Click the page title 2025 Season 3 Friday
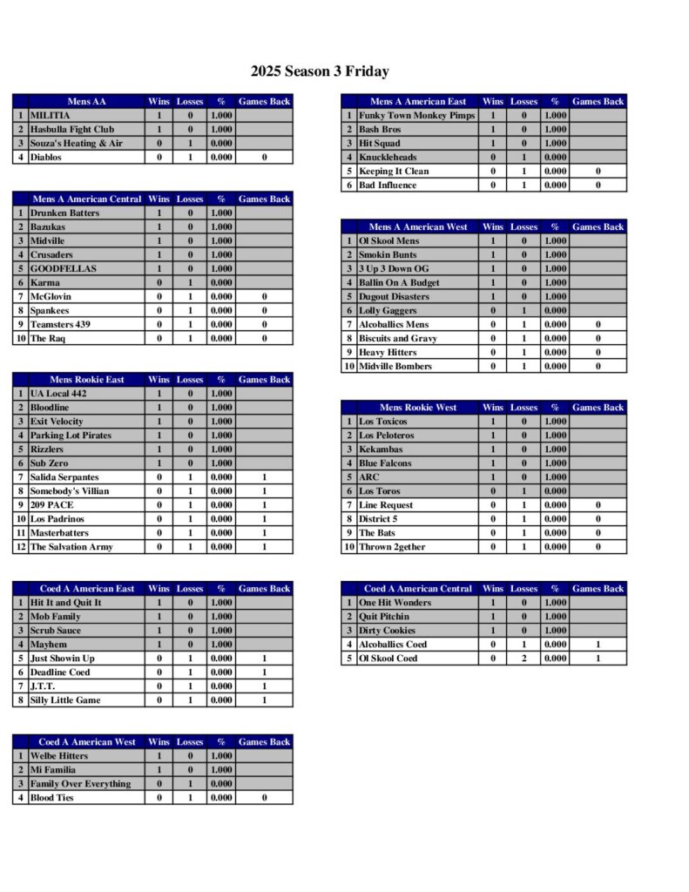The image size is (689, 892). tap(320, 71)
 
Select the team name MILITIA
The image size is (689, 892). tap(51, 115)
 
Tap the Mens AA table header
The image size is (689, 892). tap(86, 101)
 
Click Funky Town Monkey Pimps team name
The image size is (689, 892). tap(417, 115)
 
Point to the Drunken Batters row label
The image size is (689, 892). tap(65, 213)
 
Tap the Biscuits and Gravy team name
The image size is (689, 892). tap(398, 338)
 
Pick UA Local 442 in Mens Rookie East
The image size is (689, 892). tap(59, 394)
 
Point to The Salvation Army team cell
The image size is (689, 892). tap(71, 547)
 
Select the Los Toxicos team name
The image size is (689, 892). tap(383, 422)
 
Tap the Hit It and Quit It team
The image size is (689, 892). tap(66, 603)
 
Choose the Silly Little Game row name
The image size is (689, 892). tap(65, 700)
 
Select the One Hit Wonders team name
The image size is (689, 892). tap(395, 603)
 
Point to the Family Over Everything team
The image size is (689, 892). tap(80, 784)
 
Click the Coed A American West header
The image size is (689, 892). tap(87, 742)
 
